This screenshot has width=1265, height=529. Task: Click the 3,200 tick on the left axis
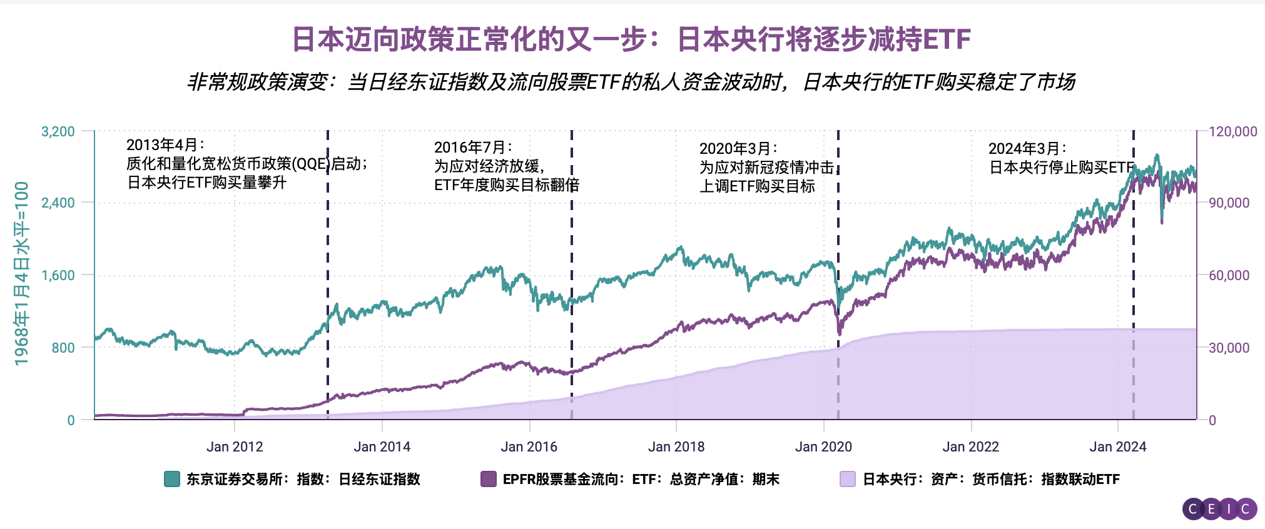tap(58, 131)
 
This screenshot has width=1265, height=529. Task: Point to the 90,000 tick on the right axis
tap(1229, 203)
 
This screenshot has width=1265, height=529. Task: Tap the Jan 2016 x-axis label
tap(529, 446)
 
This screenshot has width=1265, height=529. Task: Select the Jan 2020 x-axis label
tap(823, 446)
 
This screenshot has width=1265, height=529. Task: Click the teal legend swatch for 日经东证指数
tap(172, 479)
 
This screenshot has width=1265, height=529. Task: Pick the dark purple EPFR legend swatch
tap(488, 479)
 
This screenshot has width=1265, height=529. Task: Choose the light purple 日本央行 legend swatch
tap(848, 479)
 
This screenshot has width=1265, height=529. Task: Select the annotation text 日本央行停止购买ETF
tap(1061, 168)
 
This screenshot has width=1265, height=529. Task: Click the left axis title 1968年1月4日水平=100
tap(22, 273)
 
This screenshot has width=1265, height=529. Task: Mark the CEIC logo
tap(1219, 509)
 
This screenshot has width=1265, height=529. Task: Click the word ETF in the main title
tap(946, 39)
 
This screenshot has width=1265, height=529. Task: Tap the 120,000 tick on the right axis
tap(1232, 131)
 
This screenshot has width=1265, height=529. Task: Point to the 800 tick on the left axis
tap(63, 348)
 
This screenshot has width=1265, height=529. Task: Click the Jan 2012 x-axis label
tap(235, 446)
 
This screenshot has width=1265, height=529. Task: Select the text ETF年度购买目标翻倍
tap(507, 185)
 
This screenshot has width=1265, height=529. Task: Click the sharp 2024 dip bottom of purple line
tap(1162, 222)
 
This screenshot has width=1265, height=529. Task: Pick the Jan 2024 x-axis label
tap(1117, 446)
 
